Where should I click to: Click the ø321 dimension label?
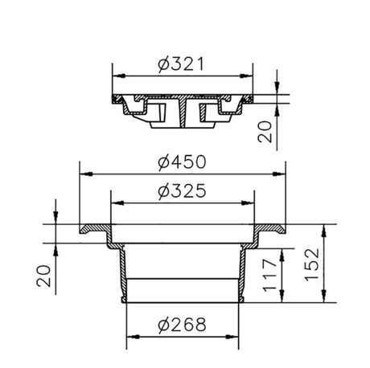(181, 64)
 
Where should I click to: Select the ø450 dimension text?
(182, 162)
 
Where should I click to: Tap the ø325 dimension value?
(182, 191)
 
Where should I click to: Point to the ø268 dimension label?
(182, 325)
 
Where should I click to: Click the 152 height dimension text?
(312, 265)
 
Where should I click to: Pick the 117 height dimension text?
(269, 275)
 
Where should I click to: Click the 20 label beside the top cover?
(265, 132)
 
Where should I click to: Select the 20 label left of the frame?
(43, 276)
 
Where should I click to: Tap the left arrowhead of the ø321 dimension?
(119, 76)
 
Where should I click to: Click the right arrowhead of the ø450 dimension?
(279, 174)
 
